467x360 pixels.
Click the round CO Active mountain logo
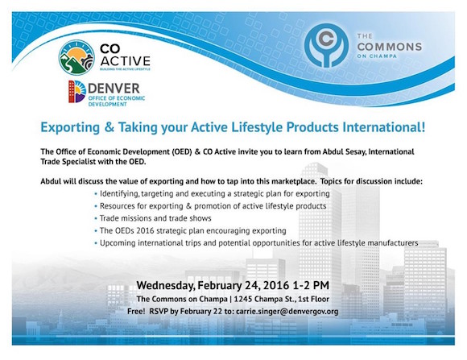click(x=76, y=57)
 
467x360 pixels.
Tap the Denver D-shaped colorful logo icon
click(x=77, y=92)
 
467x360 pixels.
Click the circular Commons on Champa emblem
click(x=326, y=45)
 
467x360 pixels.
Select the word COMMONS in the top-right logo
click(x=390, y=47)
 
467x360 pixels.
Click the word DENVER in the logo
click(x=114, y=89)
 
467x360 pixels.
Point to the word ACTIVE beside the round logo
click(x=126, y=61)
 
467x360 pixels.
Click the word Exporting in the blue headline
click(x=70, y=127)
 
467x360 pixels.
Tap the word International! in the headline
click(x=384, y=127)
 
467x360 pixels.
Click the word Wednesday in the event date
click(x=166, y=285)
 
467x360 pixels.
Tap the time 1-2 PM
click(x=311, y=285)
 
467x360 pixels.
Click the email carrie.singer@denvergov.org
click(x=287, y=312)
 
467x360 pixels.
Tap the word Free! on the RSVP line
click(x=136, y=312)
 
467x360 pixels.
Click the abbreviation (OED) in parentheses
click(x=182, y=151)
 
